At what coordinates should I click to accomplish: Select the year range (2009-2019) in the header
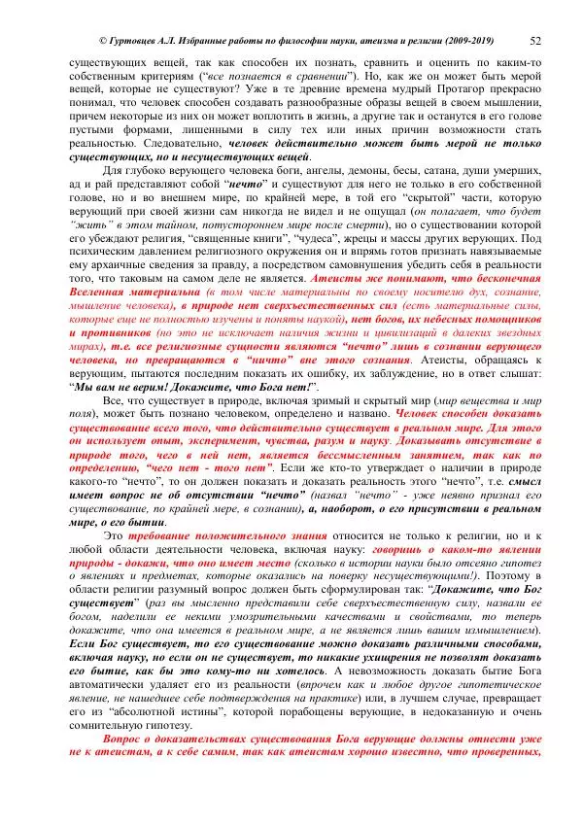(x=462, y=41)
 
